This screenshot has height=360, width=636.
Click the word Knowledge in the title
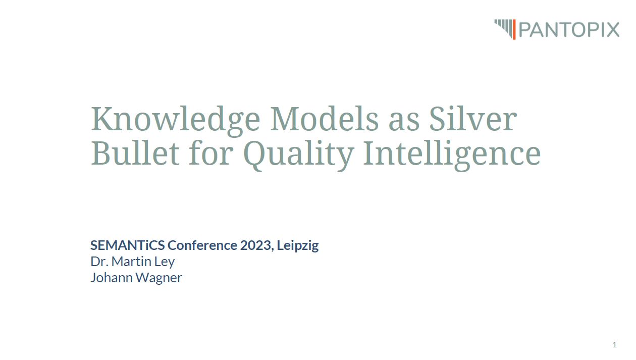tap(176, 120)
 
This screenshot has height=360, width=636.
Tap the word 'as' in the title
tap(404, 122)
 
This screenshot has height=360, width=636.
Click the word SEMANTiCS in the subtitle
tap(128, 245)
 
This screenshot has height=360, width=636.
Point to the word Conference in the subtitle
tap(202, 245)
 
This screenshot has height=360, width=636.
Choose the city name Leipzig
tap(298, 246)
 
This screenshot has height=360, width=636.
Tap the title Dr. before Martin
tap(99, 262)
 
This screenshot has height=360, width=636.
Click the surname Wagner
tap(158, 278)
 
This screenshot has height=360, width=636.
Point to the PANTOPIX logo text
tap(569, 30)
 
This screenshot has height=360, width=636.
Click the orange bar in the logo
tap(514, 29)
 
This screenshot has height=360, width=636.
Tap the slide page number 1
tap(614, 345)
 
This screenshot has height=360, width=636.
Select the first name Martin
tap(131, 262)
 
